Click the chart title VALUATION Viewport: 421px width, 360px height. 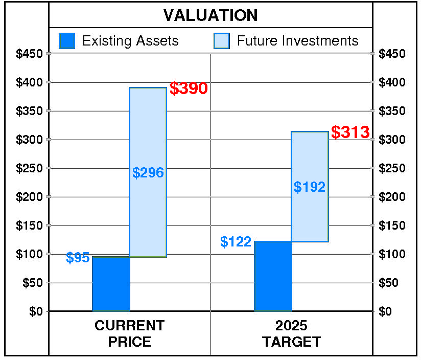pyautogui.click(x=211, y=15)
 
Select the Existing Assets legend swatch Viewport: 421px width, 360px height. pyautogui.click(x=67, y=41)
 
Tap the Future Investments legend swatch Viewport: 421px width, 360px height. pyautogui.click(x=222, y=41)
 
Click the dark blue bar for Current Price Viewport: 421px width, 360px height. pyautogui.click(x=110, y=283)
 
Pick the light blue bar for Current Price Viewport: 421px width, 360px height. pyautogui.click(x=148, y=215)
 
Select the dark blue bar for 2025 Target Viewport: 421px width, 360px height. pyautogui.click(x=272, y=276)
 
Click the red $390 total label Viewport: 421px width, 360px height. pyautogui.click(x=189, y=89)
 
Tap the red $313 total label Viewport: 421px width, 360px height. pyautogui.click(x=350, y=132)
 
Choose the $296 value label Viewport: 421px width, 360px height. pyautogui.click(x=148, y=173)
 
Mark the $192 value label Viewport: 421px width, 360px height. pyautogui.click(x=310, y=187)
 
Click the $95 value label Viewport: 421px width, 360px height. pyautogui.click(x=78, y=258)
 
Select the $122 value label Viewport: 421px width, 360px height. pyautogui.click(x=236, y=242)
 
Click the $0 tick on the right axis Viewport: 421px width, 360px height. pyautogui.click(x=385, y=311)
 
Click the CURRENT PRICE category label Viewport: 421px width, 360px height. pyautogui.click(x=130, y=333)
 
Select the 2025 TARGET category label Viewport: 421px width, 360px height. pyautogui.click(x=291, y=333)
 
